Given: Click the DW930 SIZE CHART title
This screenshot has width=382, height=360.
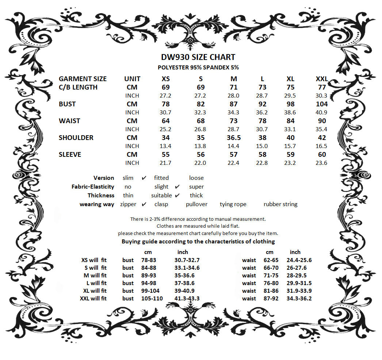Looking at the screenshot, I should pos(198,57).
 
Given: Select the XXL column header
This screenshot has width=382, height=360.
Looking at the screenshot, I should pos(321,79).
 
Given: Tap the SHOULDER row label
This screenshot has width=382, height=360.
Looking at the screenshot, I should pos(76,138).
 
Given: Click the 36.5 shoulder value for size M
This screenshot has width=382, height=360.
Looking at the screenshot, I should pos(234,138).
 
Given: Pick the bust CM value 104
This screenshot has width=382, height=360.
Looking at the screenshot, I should pos(321,104).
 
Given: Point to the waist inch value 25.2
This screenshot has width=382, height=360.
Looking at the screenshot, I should pos(166,129).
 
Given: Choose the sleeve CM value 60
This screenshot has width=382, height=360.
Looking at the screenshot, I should pos(322,155).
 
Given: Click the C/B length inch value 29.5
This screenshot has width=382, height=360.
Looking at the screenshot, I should pos(290,95).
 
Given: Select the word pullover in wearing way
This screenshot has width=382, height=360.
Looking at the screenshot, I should pos(196,204).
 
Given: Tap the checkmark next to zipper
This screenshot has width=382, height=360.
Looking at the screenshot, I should pos(144,204).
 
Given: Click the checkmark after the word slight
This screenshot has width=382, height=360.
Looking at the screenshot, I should pos(177,187).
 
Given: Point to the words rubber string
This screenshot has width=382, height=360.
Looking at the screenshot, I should pos(280,204).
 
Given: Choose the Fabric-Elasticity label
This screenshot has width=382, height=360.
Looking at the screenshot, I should pos(93,187).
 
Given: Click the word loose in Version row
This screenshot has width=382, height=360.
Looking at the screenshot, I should pos(196,178).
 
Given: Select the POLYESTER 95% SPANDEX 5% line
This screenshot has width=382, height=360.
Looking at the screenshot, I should pos(198,67).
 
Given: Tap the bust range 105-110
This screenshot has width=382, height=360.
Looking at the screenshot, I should pos(152,299).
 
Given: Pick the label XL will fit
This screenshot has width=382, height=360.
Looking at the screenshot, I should pos(94,291).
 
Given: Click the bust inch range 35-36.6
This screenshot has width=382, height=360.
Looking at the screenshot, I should pos(184,276).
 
